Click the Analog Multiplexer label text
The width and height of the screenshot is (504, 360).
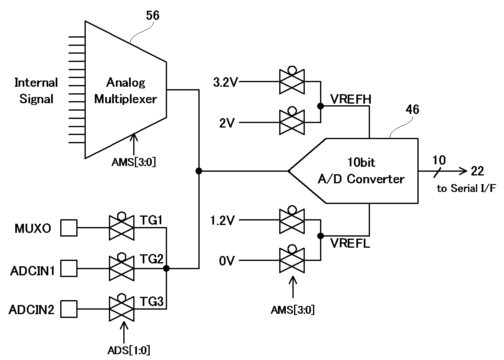[126, 91]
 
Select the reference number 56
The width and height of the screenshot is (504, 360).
[152, 16]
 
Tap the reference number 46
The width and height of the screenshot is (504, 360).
[412, 110]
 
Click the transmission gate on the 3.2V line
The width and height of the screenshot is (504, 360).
[292, 81]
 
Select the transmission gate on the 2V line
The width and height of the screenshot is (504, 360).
[292, 122]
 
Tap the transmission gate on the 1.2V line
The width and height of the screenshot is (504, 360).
[292, 220]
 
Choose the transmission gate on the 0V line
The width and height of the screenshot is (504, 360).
[292, 261]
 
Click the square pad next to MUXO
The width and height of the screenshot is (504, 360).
[69, 228]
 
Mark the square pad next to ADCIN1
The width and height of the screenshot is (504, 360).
[69, 269]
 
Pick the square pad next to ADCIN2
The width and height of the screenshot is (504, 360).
[69, 309]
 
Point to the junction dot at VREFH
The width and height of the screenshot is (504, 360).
[320, 106]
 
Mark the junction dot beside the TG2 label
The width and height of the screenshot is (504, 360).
[166, 269]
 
